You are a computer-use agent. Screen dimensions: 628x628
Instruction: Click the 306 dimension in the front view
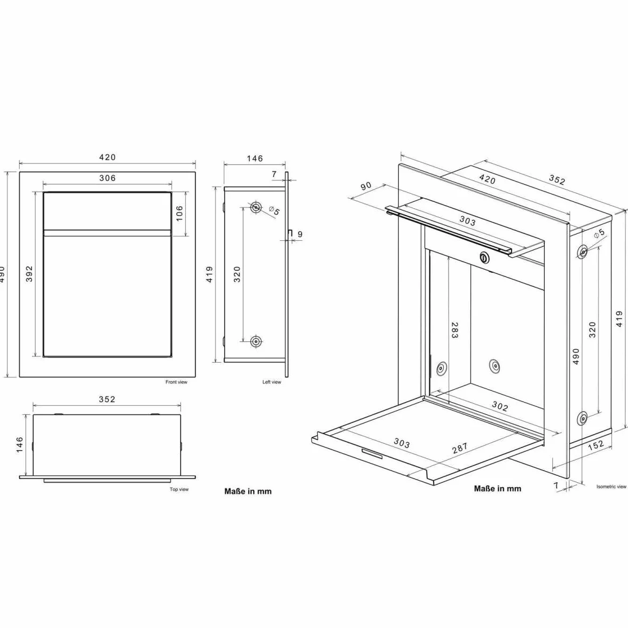point(107,178)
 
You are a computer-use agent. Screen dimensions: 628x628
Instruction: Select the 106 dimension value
point(179,213)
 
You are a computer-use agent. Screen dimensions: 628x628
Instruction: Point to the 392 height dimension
point(29,274)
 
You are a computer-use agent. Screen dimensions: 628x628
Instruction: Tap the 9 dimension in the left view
point(300,234)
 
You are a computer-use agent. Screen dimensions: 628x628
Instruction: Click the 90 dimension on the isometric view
point(366,186)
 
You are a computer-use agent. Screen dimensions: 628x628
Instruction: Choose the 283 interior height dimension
point(454,331)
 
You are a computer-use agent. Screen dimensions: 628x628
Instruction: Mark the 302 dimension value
point(500,406)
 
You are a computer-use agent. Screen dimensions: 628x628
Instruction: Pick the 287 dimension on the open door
point(459,448)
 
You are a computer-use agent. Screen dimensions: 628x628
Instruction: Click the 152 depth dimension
point(595,445)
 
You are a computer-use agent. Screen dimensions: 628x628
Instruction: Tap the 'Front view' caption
point(176,382)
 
